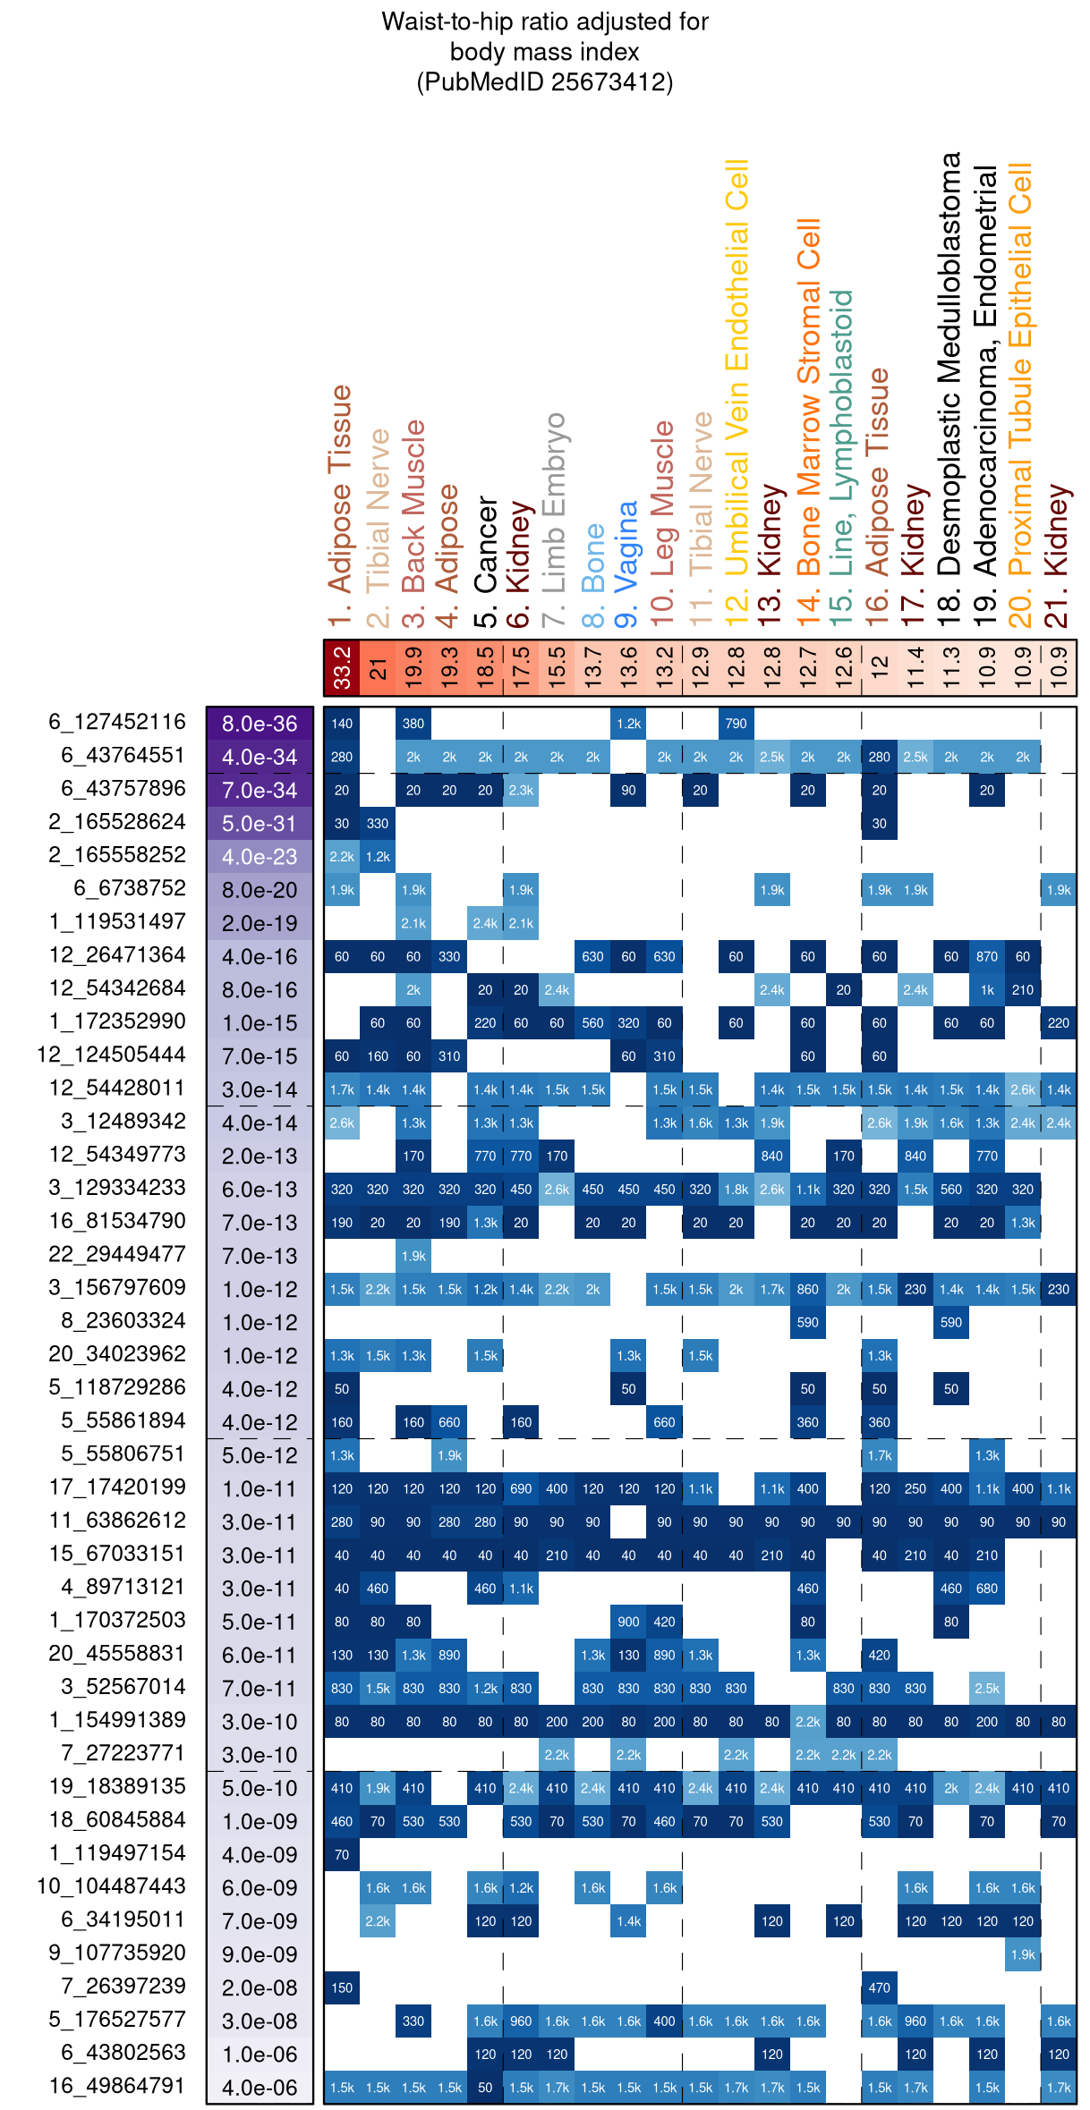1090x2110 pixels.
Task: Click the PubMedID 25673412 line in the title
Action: (x=544, y=82)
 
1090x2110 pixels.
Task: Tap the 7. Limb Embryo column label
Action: (x=555, y=519)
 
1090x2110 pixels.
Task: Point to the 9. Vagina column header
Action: (x=628, y=564)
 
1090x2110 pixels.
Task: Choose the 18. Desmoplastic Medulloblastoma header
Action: (x=950, y=389)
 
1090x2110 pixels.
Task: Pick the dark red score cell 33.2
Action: (x=342, y=667)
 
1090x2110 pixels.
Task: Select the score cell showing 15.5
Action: (x=557, y=667)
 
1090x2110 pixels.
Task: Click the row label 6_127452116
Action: (x=117, y=722)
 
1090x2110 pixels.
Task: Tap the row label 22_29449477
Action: (x=117, y=1254)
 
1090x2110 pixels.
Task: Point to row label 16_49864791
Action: (x=117, y=2085)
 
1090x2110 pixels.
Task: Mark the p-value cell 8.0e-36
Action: (x=260, y=724)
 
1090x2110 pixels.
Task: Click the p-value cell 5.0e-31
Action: (x=260, y=823)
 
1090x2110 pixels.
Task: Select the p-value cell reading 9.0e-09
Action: (x=260, y=1954)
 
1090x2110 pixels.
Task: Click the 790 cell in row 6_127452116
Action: (x=736, y=724)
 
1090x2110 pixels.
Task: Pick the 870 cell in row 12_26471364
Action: (x=986, y=956)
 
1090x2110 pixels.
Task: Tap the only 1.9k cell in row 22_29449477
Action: (x=413, y=1256)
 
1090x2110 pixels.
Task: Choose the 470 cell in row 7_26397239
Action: (x=879, y=1987)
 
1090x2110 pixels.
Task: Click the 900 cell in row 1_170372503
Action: (x=628, y=1622)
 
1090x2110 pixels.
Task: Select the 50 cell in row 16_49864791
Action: (x=485, y=2087)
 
